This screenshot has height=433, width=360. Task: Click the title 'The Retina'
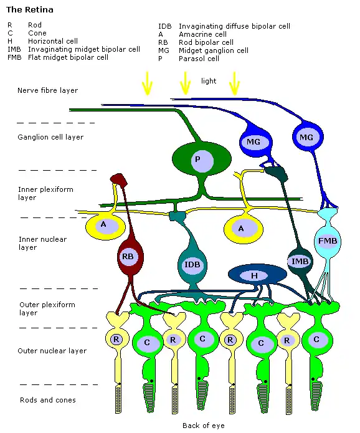coord(29,10)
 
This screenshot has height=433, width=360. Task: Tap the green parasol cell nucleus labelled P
coord(202,160)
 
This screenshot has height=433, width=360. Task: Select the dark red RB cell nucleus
coord(128,257)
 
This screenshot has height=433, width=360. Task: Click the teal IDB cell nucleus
coord(192,265)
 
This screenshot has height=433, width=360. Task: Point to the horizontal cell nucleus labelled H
coord(254,275)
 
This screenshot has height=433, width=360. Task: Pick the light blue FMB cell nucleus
coord(328,241)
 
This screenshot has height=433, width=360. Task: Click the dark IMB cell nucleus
coord(300,261)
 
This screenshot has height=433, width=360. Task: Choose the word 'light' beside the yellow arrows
coord(209,81)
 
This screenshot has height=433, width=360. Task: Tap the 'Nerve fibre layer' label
coord(47,90)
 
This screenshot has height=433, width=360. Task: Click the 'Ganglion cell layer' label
coord(50,137)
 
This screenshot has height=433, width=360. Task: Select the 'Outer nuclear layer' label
coord(52,351)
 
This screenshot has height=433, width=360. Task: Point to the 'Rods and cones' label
coord(48,400)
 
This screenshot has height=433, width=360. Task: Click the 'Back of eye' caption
coord(204,426)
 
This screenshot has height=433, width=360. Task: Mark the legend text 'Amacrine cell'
coord(202,34)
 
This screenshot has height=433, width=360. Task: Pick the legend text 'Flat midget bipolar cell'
coord(68,57)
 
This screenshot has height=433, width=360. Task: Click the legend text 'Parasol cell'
coord(199,59)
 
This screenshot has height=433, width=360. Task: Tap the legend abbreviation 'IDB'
coord(165,26)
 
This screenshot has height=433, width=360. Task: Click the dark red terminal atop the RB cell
coord(119,179)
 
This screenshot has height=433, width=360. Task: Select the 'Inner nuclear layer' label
coord(42,243)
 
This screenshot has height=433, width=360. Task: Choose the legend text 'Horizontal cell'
coord(53,41)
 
